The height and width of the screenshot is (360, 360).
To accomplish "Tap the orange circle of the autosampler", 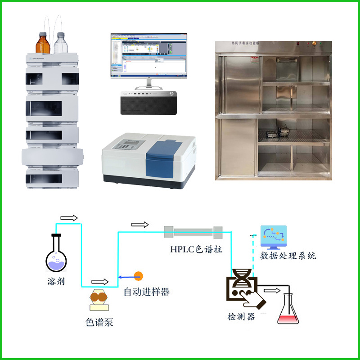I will click(x=139, y=275).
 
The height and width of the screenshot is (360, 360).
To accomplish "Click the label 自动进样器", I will click(x=147, y=292).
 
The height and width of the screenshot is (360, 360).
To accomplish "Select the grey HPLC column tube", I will click(x=193, y=232).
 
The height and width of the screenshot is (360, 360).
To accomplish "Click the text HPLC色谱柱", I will click(x=196, y=249).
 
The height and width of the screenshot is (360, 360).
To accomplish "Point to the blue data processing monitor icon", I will click(x=274, y=238).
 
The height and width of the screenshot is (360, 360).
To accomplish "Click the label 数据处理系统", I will click(x=288, y=256).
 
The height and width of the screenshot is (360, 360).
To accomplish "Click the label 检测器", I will click(x=241, y=317).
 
